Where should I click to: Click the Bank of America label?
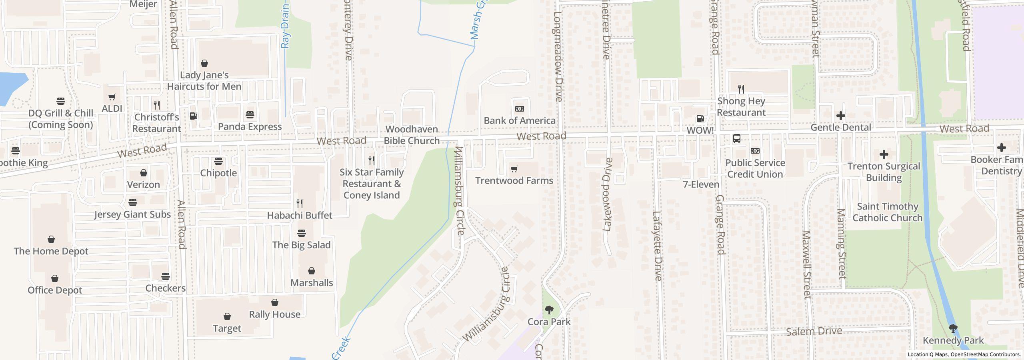coord(519,120)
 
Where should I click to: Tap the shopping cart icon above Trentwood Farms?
coord(514,169)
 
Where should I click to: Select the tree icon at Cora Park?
coord(549,310)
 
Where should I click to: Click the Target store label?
coord(227,328)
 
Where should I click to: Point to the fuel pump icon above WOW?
coord(700,118)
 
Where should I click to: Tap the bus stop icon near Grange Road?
coord(736,138)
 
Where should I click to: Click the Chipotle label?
coord(218,173)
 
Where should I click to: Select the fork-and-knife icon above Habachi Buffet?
coord(299,204)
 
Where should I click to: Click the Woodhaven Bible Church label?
coord(412,135)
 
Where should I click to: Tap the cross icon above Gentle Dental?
coord(840,116)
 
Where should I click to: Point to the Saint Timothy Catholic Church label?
coord(887,212)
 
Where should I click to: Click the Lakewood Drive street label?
coord(607,194)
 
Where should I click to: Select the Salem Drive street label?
coord(814,331)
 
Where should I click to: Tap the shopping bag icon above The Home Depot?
coord(51,240)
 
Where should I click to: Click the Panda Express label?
coord(250,126)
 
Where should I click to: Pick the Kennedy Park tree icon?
coord(953,329)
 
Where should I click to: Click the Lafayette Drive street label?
coord(657,245)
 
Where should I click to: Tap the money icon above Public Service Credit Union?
coord(755,151)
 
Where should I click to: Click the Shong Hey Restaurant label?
coord(741,107)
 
